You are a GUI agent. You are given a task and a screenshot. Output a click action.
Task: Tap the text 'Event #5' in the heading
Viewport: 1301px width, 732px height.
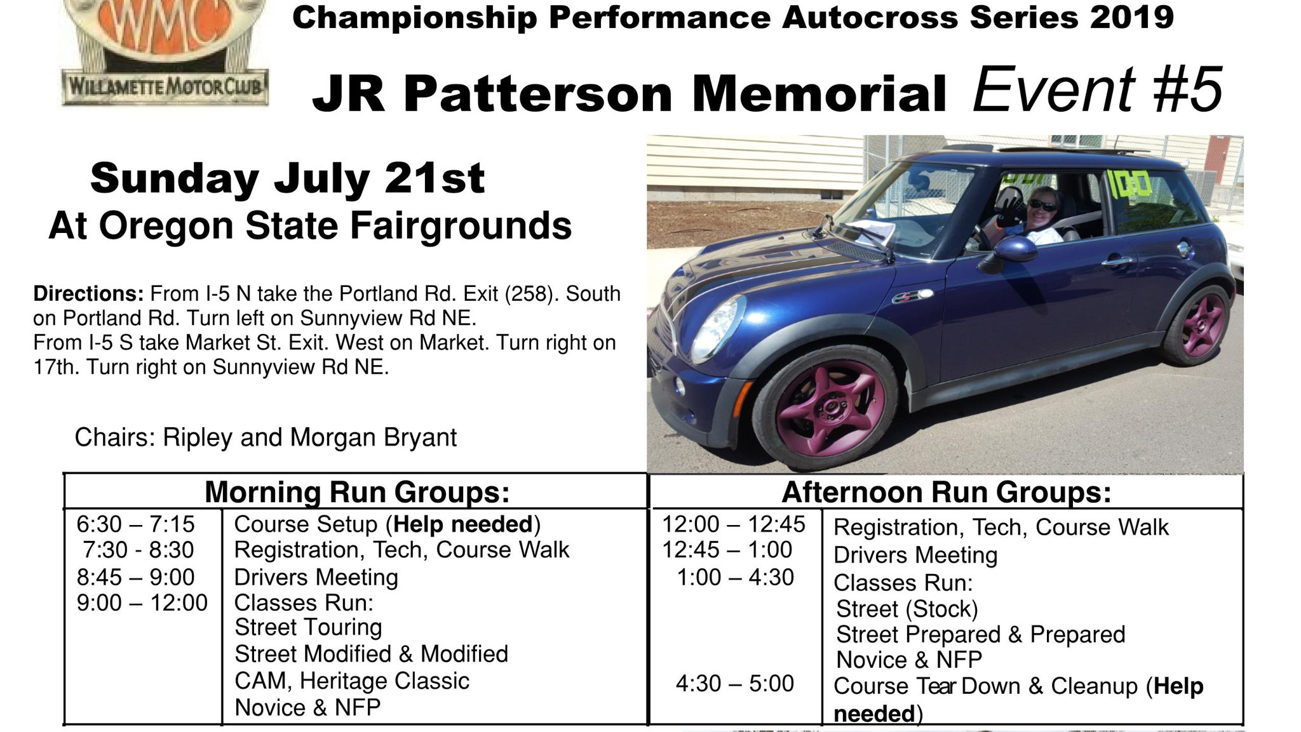[x=1097, y=90]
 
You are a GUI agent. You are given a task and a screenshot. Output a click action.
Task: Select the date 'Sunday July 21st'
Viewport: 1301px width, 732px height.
[x=288, y=178]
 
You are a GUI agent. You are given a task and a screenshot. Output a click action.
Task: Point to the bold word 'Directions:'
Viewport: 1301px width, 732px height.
[x=89, y=294]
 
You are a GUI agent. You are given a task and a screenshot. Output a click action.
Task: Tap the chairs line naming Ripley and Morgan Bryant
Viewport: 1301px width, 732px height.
[x=266, y=437]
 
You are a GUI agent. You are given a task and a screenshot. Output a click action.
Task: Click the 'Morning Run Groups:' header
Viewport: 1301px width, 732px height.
[x=357, y=492]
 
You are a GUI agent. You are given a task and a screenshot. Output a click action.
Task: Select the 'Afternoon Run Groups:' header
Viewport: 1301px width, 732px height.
[x=947, y=492]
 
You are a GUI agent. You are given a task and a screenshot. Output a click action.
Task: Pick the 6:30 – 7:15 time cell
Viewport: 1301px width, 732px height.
[x=135, y=524]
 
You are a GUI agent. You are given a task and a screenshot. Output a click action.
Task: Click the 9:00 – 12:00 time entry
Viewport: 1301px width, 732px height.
[x=142, y=602]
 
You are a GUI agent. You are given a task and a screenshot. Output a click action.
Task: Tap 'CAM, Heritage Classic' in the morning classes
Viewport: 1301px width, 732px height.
[x=352, y=681]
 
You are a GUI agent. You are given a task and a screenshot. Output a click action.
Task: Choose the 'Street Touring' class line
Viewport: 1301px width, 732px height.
[x=308, y=627]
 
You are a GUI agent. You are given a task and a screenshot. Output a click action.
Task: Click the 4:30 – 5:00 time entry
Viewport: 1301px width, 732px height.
[x=735, y=684]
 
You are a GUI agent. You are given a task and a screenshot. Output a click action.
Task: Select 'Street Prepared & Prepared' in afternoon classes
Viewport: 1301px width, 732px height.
[x=980, y=635]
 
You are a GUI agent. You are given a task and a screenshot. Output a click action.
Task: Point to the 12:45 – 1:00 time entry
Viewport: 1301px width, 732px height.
[x=727, y=550]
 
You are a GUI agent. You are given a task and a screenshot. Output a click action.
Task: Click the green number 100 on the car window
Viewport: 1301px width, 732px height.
[x=1129, y=183]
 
